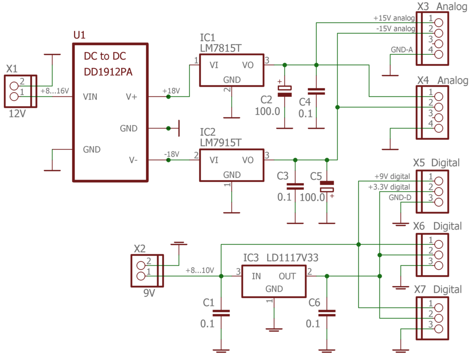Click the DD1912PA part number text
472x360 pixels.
[108, 72]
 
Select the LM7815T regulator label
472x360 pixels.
[221, 48]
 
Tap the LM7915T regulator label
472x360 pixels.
[221, 143]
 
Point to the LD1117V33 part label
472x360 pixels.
[292, 258]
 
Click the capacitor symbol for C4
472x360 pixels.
[316, 92]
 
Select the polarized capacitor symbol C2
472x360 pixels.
[284, 91]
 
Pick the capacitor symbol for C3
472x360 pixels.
[295, 186]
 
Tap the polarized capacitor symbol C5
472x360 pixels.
[327, 186]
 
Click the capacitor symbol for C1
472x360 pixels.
[221, 313]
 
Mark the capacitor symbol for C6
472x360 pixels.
[327, 313]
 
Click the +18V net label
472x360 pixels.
[171, 91]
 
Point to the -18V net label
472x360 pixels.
[171, 154]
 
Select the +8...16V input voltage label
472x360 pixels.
[55, 91]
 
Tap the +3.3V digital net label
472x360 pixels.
[389, 187]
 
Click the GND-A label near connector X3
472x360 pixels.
[401, 50]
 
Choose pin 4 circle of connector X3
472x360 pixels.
[439, 54]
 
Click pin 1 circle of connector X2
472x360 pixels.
[141, 276]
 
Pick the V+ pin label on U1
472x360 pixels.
[131, 97]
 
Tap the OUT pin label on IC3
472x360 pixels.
[287, 276]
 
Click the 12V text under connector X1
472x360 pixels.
[17, 114]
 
